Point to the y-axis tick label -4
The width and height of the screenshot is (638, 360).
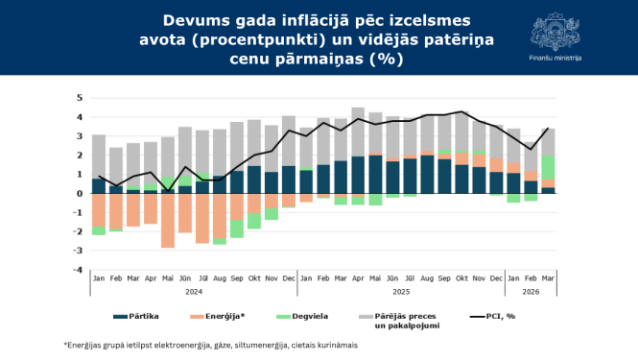click(80, 270)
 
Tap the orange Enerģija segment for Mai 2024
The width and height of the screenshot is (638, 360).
click(168, 220)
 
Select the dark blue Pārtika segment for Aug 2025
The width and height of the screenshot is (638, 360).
click(427, 175)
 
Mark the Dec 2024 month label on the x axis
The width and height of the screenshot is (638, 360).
click(289, 276)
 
